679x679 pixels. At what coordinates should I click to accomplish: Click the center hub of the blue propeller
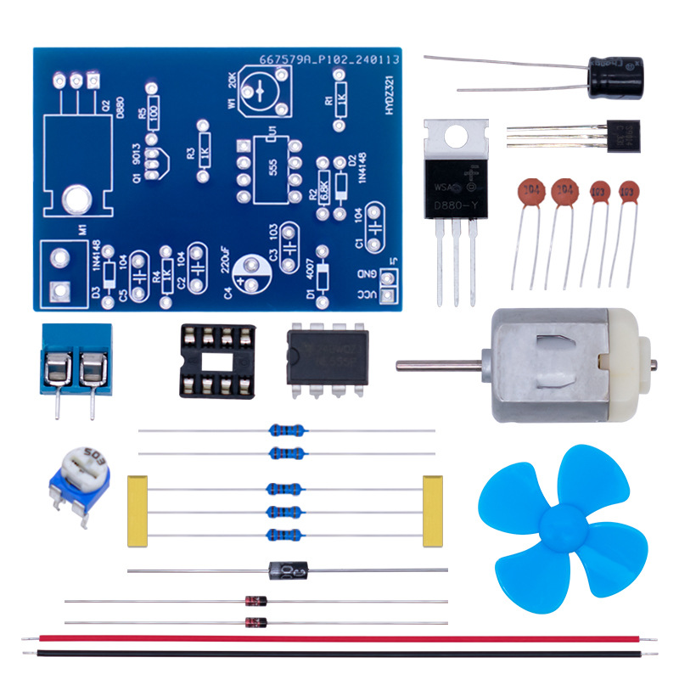click(560, 521)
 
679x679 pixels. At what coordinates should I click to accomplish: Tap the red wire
click(339, 638)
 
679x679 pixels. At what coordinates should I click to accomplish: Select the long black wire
click(339, 654)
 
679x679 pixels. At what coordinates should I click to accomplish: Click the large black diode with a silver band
click(289, 570)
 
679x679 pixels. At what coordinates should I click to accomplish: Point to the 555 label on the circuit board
click(272, 166)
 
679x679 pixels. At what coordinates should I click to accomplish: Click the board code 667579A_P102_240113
click(328, 59)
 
